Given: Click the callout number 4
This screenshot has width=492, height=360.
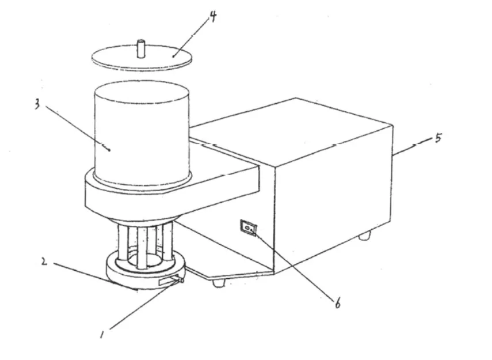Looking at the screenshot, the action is click(213, 16).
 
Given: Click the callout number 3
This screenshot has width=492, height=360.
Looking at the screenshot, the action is click(37, 104).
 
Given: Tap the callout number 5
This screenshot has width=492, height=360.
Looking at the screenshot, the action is click(438, 138).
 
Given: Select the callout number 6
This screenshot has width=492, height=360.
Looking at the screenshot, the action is click(338, 303).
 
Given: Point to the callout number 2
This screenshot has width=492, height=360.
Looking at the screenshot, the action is click(44, 262).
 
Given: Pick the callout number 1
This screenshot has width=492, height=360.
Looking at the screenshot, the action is click(102, 335).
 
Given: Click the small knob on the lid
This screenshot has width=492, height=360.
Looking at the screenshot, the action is click(141, 48).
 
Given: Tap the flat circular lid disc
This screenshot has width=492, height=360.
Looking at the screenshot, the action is click(142, 58).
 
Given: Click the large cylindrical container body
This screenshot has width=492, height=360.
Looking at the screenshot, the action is click(142, 134).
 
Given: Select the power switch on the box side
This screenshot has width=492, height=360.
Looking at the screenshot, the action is click(248, 228).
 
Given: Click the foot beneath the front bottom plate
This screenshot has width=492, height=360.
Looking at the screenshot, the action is click(219, 283).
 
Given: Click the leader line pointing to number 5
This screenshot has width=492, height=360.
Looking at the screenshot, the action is click(413, 146).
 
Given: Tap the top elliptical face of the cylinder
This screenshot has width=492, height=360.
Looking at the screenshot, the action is click(142, 91).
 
